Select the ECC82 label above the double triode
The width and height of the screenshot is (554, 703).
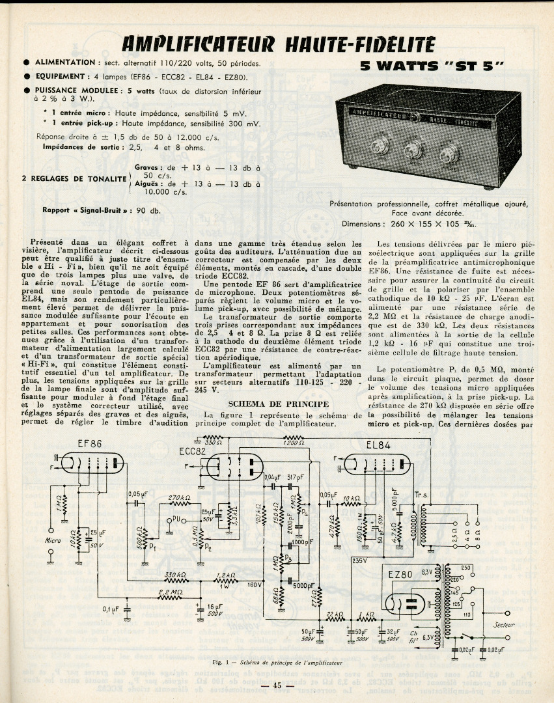[194, 451]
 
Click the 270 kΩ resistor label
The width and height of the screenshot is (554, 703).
[179, 498]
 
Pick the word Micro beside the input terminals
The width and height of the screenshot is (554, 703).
[53, 540]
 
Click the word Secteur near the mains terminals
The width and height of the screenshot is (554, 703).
[505, 625]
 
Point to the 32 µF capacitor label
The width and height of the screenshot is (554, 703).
[393, 631]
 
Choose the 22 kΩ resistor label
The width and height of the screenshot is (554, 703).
[334, 614]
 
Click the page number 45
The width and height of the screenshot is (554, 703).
[277, 685]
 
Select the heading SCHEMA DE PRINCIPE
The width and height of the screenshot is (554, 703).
[269, 404]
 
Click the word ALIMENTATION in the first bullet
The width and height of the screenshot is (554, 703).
[65, 62]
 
